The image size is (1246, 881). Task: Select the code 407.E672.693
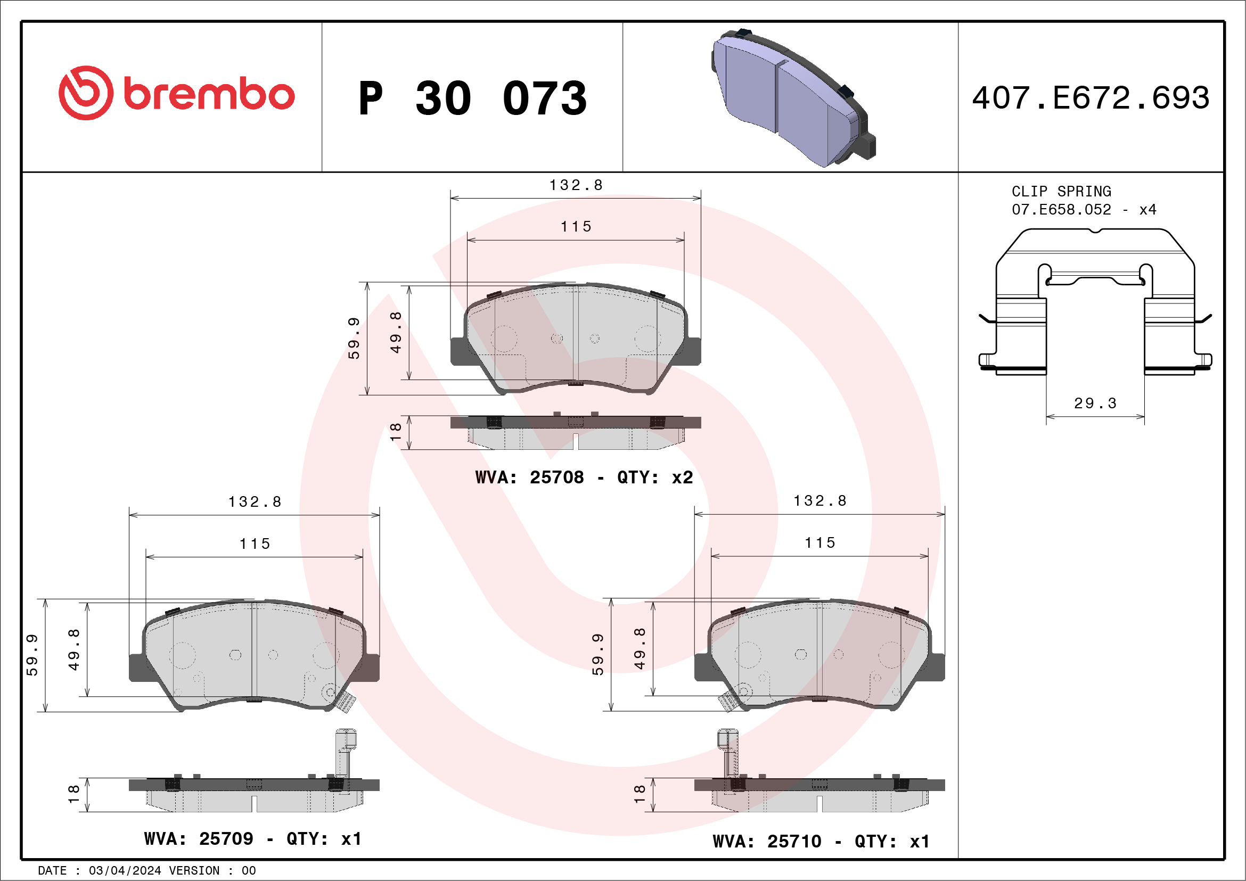(x=1091, y=97)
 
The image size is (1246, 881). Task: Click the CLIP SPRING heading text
(x=1061, y=192)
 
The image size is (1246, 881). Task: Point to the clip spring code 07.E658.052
(x=1061, y=209)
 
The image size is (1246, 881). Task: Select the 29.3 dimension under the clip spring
(x=1095, y=403)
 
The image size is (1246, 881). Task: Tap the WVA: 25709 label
(x=198, y=839)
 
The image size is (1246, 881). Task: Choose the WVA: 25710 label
(x=766, y=842)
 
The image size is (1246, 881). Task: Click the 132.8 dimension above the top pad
(x=575, y=186)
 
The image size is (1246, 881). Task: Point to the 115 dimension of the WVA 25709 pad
(x=255, y=544)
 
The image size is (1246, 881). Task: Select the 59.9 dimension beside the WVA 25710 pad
(x=597, y=654)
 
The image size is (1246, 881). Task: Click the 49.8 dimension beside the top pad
(x=396, y=332)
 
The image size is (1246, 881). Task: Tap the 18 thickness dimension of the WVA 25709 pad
(x=74, y=794)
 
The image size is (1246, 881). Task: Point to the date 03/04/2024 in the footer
(x=124, y=871)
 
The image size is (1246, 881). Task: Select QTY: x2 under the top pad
(x=654, y=477)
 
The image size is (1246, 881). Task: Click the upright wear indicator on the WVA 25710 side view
(x=727, y=754)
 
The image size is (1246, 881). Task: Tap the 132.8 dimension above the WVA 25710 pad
(x=819, y=501)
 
